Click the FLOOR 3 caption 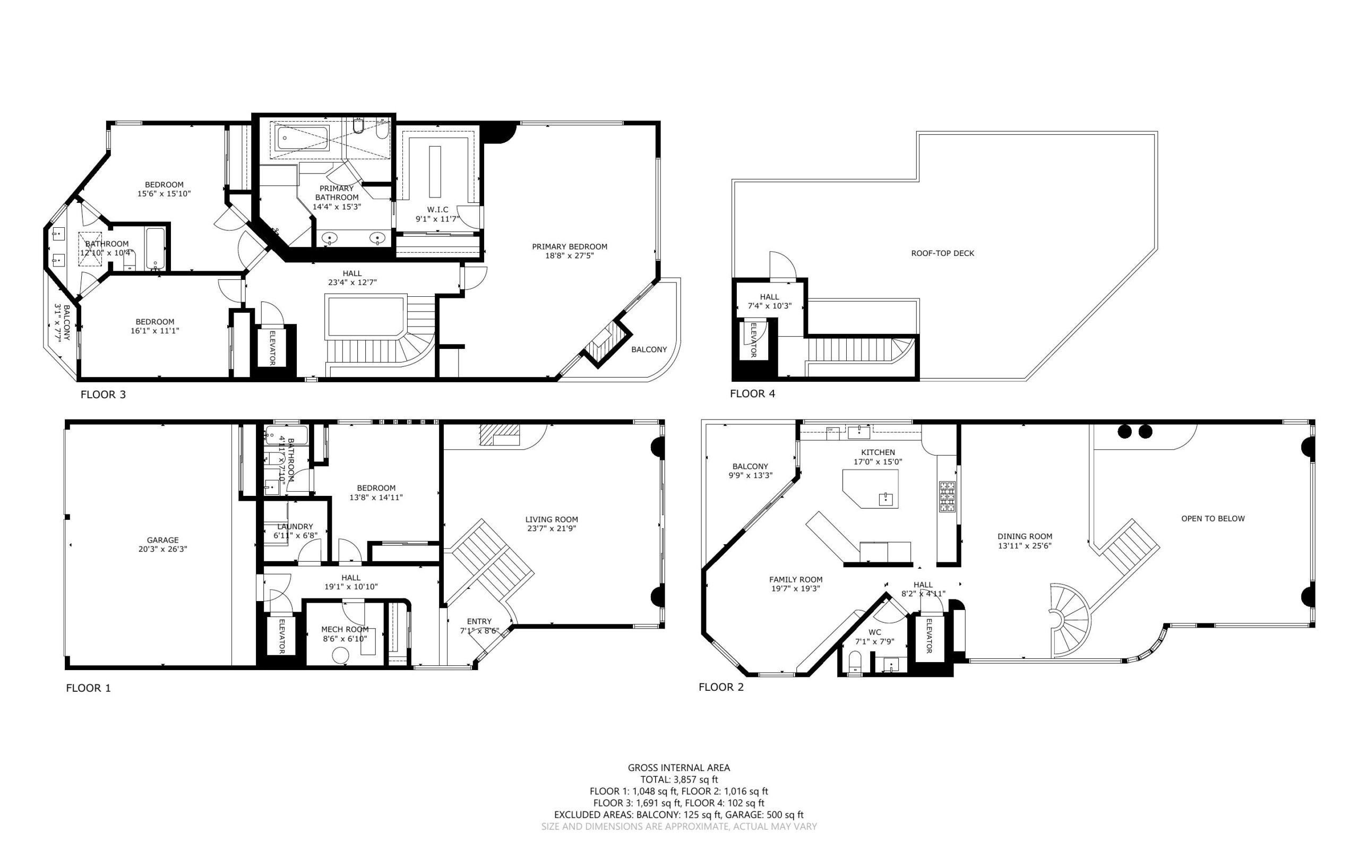pyautogui.click(x=104, y=394)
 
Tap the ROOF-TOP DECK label pyautogui.click(x=942, y=253)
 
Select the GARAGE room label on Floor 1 pyautogui.click(x=163, y=540)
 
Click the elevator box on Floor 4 pyautogui.click(x=753, y=340)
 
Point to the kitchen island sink pyautogui.click(x=886, y=499)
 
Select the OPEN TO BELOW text pyautogui.click(x=1213, y=518)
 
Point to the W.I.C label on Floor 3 pyautogui.click(x=437, y=209)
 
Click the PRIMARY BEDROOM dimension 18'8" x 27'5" pyautogui.click(x=569, y=255)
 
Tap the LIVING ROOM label pyautogui.click(x=551, y=519)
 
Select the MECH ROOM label pyautogui.click(x=345, y=630)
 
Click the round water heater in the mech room pyautogui.click(x=341, y=655)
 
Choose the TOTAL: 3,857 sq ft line pyautogui.click(x=679, y=779)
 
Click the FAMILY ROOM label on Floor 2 pyautogui.click(x=795, y=579)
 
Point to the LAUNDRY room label pyautogui.click(x=295, y=527)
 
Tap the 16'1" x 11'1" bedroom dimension pyautogui.click(x=154, y=331)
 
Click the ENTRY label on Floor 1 pyautogui.click(x=479, y=621)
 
